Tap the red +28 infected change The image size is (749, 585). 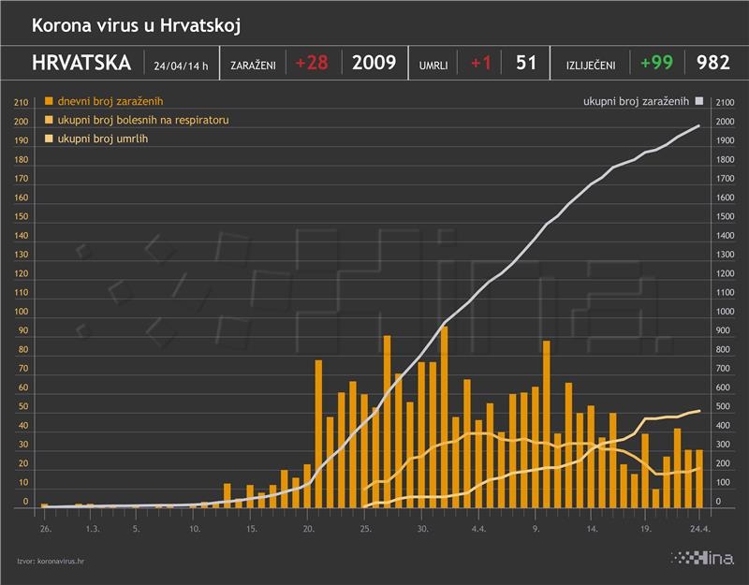(313, 64)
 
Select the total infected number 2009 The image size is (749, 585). (374, 64)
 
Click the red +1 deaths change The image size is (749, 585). (480, 64)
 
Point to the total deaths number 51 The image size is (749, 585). (526, 64)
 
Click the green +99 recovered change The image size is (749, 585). (657, 64)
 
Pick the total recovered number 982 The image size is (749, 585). (713, 64)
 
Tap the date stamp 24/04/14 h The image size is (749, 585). (181, 66)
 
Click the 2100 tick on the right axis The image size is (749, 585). (725, 102)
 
